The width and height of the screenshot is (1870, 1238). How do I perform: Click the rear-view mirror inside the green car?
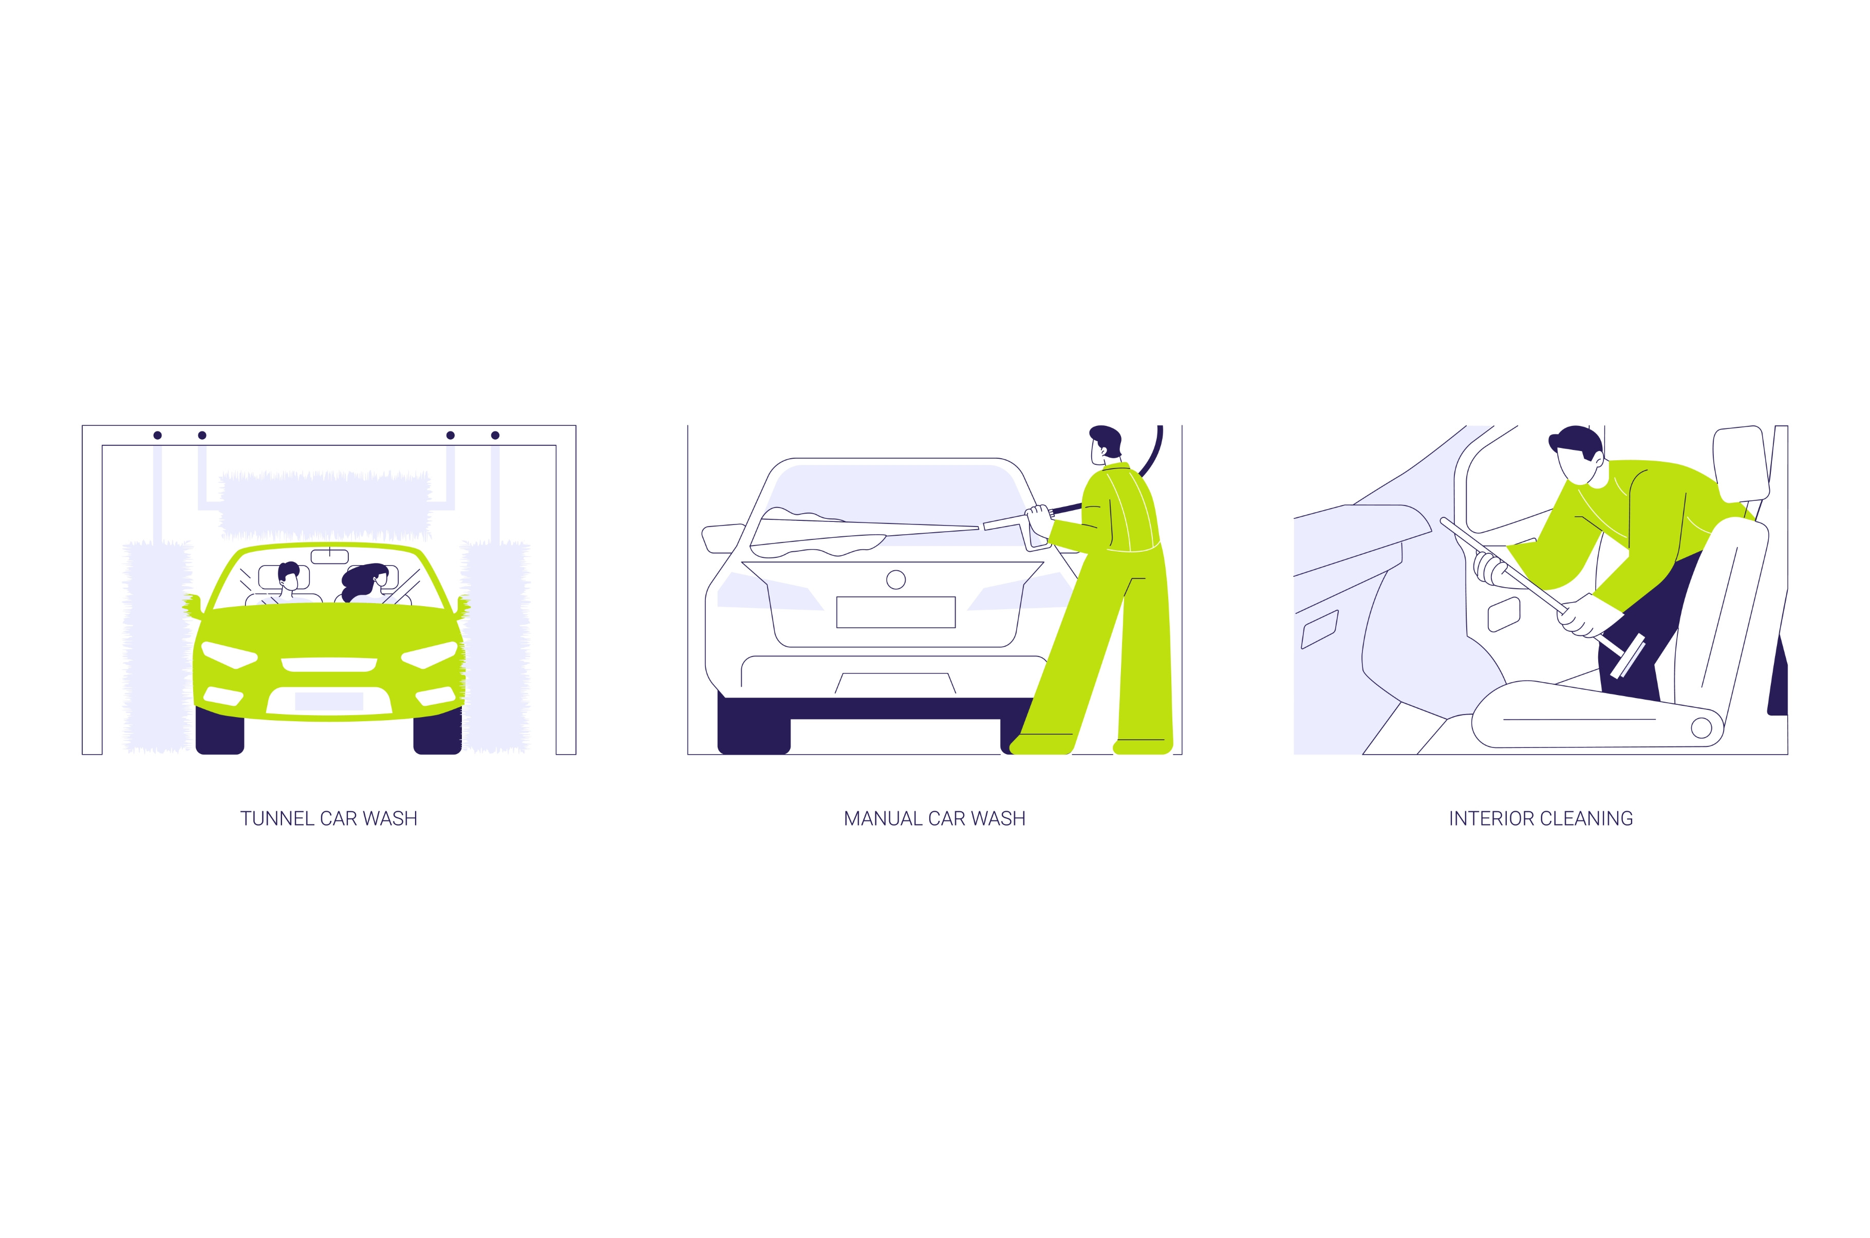(x=329, y=557)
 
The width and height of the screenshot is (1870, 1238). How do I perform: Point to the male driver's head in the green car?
(x=289, y=577)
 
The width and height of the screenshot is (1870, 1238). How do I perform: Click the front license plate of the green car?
(x=329, y=701)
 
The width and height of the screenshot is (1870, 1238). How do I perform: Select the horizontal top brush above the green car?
(x=325, y=505)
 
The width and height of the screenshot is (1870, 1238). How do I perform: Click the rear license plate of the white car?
(x=896, y=612)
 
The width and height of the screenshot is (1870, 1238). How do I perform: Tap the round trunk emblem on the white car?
(x=896, y=579)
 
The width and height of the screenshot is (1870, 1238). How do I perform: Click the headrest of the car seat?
(x=1739, y=461)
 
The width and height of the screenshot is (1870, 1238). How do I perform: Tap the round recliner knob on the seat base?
(x=1701, y=727)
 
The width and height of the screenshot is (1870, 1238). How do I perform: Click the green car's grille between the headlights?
(x=329, y=664)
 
